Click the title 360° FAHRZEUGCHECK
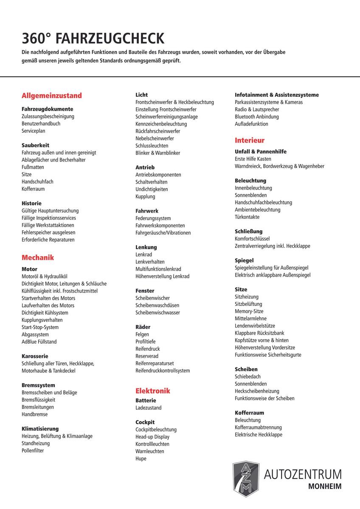click(93, 39)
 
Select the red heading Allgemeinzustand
click(52, 96)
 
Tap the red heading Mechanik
click(38, 257)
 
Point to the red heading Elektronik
click(153, 391)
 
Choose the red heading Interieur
click(250, 140)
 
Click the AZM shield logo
click(246, 480)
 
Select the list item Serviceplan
click(34, 131)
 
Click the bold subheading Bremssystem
click(38, 385)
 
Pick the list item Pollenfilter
click(33, 450)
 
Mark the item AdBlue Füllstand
click(39, 341)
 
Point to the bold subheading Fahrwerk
click(147, 211)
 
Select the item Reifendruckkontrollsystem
click(163, 370)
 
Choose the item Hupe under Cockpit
click(141, 459)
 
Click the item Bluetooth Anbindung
click(257, 117)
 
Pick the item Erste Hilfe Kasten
click(253, 159)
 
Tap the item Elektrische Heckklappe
click(259, 434)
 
